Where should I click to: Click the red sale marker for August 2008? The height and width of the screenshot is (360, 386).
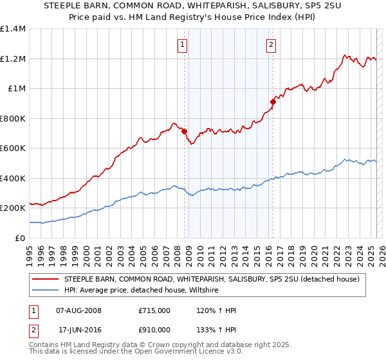[184, 131]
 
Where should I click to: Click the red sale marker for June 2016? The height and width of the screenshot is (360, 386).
[273, 102]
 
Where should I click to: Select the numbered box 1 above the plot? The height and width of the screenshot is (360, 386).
[183, 45]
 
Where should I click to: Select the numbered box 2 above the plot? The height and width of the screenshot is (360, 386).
[271, 45]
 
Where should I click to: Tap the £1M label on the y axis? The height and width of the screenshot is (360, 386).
[17, 89]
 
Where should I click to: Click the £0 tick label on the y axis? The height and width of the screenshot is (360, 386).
[19, 238]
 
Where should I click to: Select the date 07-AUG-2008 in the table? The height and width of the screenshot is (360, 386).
[78, 310]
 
